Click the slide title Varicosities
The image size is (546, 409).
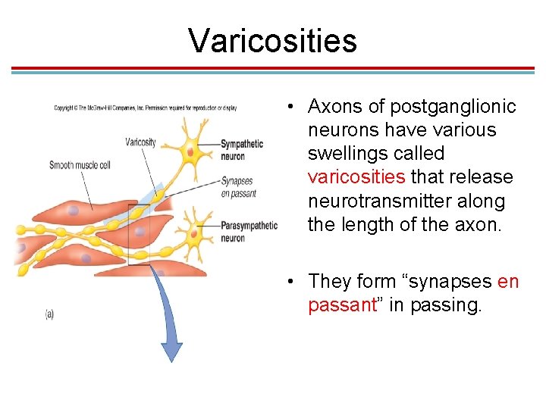[x=272, y=40]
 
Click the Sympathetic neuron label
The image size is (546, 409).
[x=242, y=149]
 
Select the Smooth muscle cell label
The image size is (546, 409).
[x=80, y=165]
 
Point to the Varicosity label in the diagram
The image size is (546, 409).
[x=140, y=142]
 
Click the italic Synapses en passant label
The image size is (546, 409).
[x=239, y=187]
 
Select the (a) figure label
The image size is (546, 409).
[x=49, y=314]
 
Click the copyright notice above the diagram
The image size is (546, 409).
[x=145, y=108]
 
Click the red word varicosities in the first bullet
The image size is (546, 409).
[x=356, y=177]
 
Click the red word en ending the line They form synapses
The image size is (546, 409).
[x=508, y=282]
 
